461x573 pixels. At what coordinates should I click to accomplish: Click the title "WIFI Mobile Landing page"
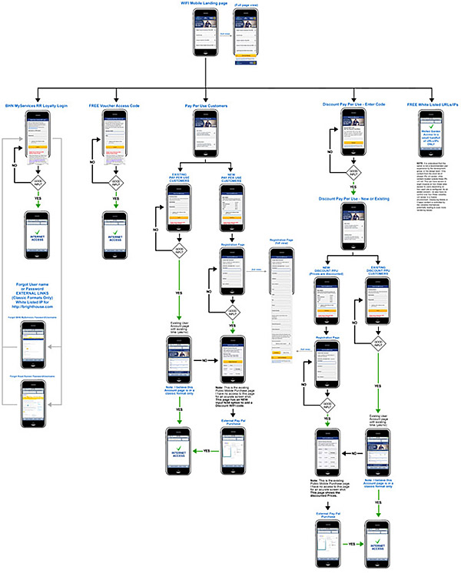[x=205, y=5]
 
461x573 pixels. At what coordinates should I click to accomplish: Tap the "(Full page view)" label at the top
[x=247, y=14]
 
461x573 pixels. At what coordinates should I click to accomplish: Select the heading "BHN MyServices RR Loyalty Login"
[x=38, y=103]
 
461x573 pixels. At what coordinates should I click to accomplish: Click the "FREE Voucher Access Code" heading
[x=115, y=103]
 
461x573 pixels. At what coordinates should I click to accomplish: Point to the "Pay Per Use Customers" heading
[x=205, y=103]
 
